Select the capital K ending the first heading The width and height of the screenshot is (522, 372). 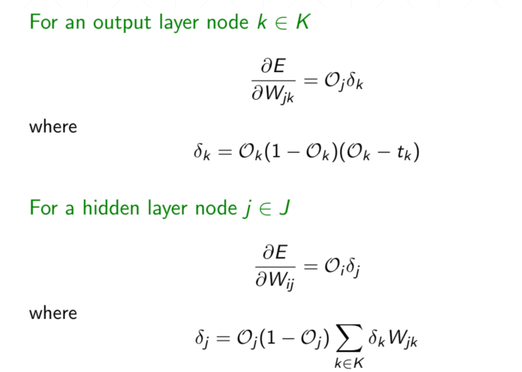[302, 22]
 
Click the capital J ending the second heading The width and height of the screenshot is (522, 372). [283, 208]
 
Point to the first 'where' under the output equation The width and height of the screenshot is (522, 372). [53, 127]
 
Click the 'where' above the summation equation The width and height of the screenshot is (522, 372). [53, 313]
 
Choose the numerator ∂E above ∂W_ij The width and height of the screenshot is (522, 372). [275, 253]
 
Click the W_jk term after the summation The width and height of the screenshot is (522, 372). [403, 340]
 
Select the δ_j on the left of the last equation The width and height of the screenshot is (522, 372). [200, 339]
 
